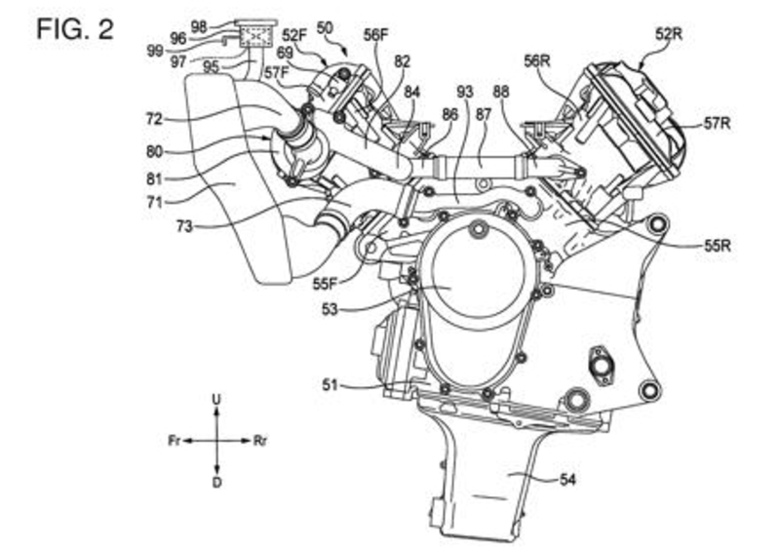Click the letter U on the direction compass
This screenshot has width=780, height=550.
tap(216, 399)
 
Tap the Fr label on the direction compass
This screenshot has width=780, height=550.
tap(175, 441)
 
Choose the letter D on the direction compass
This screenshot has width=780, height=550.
tap(216, 482)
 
